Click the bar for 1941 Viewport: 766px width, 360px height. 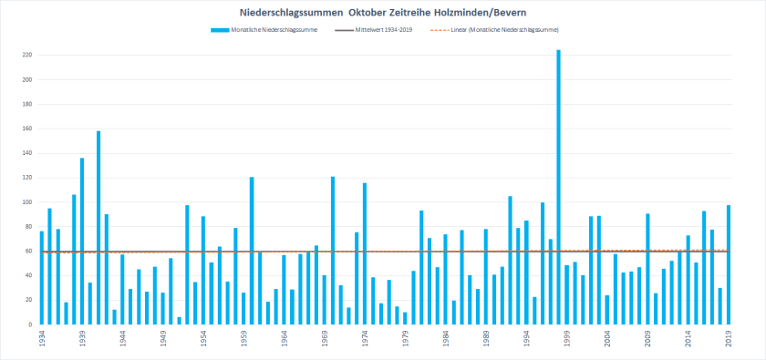[x=98, y=228]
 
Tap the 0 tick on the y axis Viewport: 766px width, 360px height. [x=30, y=324]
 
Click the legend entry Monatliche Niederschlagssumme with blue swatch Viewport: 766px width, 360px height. [x=269, y=30]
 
